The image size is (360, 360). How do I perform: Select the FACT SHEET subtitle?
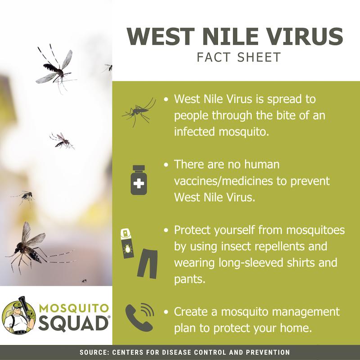[239, 57]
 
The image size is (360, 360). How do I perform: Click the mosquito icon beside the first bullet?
[139, 112]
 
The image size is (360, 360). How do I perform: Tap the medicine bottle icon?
[139, 180]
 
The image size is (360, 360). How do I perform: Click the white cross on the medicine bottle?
[139, 184]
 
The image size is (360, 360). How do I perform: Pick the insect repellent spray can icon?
[127, 243]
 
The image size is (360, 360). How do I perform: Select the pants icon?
[148, 264]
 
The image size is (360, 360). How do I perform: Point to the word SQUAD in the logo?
[73, 324]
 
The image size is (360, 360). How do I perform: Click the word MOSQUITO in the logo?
[74, 308]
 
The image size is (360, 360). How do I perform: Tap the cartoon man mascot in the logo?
[19, 316]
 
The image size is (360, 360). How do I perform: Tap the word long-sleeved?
[251, 263]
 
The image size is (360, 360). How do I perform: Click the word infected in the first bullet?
[195, 132]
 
